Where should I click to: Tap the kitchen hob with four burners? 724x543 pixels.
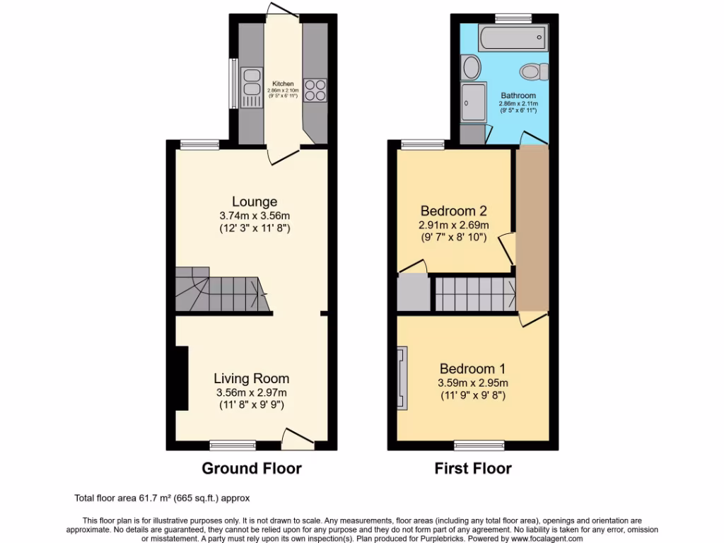[315, 90]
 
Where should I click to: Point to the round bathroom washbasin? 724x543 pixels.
[471, 68]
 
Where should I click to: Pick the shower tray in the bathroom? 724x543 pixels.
[473, 103]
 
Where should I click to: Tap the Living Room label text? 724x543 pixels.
[252, 379]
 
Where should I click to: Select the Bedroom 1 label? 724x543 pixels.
[472, 368]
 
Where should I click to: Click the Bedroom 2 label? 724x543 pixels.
[453, 211]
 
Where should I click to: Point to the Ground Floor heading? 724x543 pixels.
[252, 468]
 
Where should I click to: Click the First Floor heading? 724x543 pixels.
[472, 468]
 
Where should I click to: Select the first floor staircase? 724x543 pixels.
[473, 294]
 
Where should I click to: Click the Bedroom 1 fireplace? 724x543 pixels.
[402, 378]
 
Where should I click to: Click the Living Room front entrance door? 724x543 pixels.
[298, 438]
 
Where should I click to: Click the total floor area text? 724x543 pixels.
[162, 498]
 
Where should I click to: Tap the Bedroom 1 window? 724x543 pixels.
[474, 445]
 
